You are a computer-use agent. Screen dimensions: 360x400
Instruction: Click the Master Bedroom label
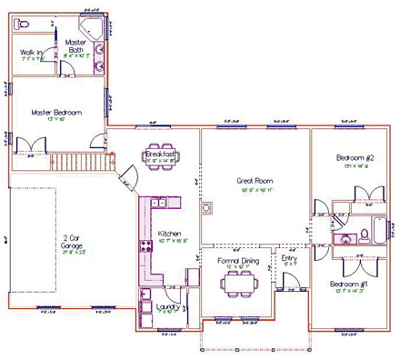(55, 112)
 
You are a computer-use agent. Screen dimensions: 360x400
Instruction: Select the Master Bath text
(75, 45)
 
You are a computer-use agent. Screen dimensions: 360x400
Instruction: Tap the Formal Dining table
(240, 281)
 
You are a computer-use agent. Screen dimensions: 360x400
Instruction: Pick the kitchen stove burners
(144, 246)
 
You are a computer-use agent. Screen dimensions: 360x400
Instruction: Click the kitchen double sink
(155, 205)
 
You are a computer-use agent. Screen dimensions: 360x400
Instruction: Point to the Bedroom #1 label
(349, 285)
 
